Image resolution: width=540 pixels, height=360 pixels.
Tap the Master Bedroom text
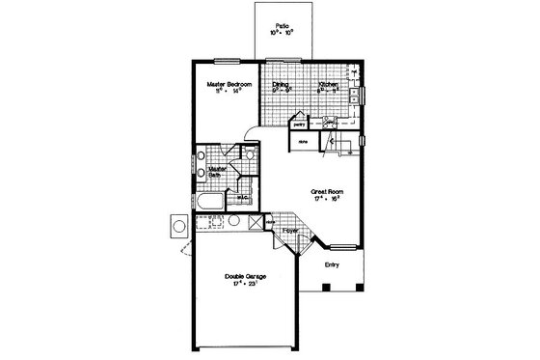pyautogui.click(x=230, y=85)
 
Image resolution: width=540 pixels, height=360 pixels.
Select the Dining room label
pyautogui.click(x=281, y=85)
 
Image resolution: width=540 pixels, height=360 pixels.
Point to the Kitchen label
pyautogui.click(x=328, y=85)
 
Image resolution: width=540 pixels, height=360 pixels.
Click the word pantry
pyautogui.click(x=300, y=125)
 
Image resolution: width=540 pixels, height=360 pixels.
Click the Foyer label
pyautogui.click(x=290, y=232)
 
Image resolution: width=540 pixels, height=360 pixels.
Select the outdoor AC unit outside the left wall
pyautogui.click(x=179, y=228)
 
